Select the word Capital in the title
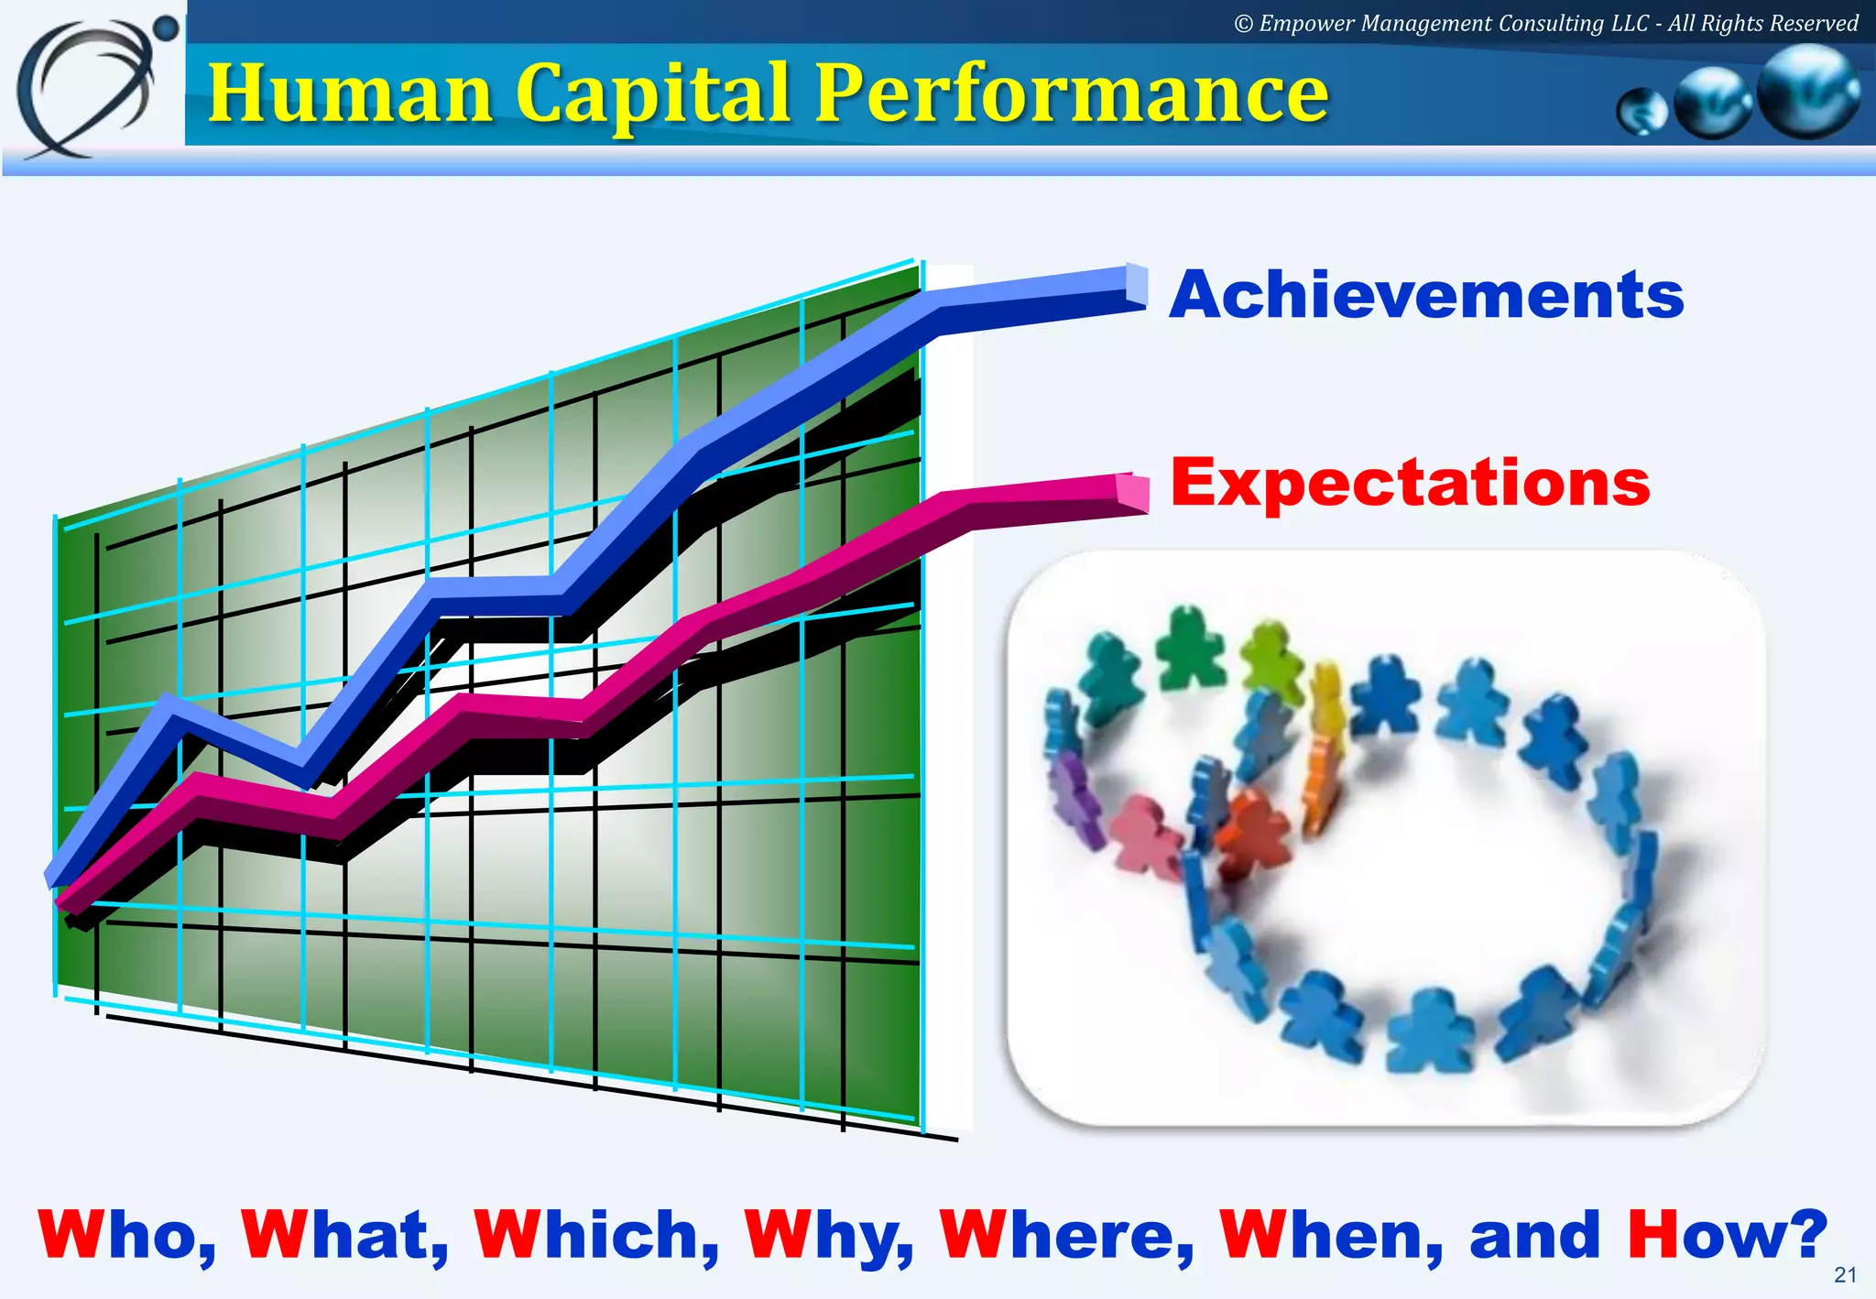click(x=653, y=94)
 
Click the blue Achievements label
click(x=1426, y=296)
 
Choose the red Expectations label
click(x=1410, y=484)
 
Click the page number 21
click(x=1845, y=1274)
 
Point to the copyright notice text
click(x=1545, y=23)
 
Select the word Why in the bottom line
click(x=829, y=1236)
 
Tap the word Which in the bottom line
click(x=596, y=1236)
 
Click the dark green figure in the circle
click(x=1190, y=649)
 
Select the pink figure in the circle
click(x=1144, y=835)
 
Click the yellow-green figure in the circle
click(x=1271, y=659)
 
